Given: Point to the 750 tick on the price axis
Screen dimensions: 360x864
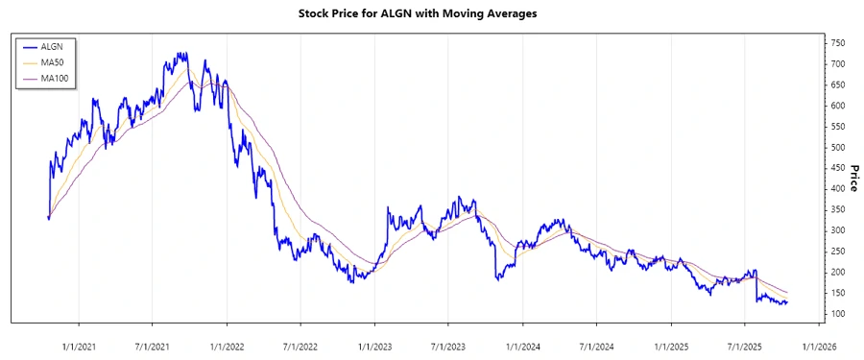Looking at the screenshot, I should [839, 43].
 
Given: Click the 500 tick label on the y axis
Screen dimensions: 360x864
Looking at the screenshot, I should [839, 147].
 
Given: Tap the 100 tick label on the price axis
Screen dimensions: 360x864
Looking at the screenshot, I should [839, 314].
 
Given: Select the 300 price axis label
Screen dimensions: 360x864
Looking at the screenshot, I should [839, 230].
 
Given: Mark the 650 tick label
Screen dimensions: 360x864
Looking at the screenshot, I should [839, 84].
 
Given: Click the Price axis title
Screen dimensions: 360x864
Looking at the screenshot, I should [854, 179].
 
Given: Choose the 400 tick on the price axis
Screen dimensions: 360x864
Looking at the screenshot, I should [839, 189].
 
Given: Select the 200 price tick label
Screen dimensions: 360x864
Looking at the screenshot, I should [839, 273].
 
